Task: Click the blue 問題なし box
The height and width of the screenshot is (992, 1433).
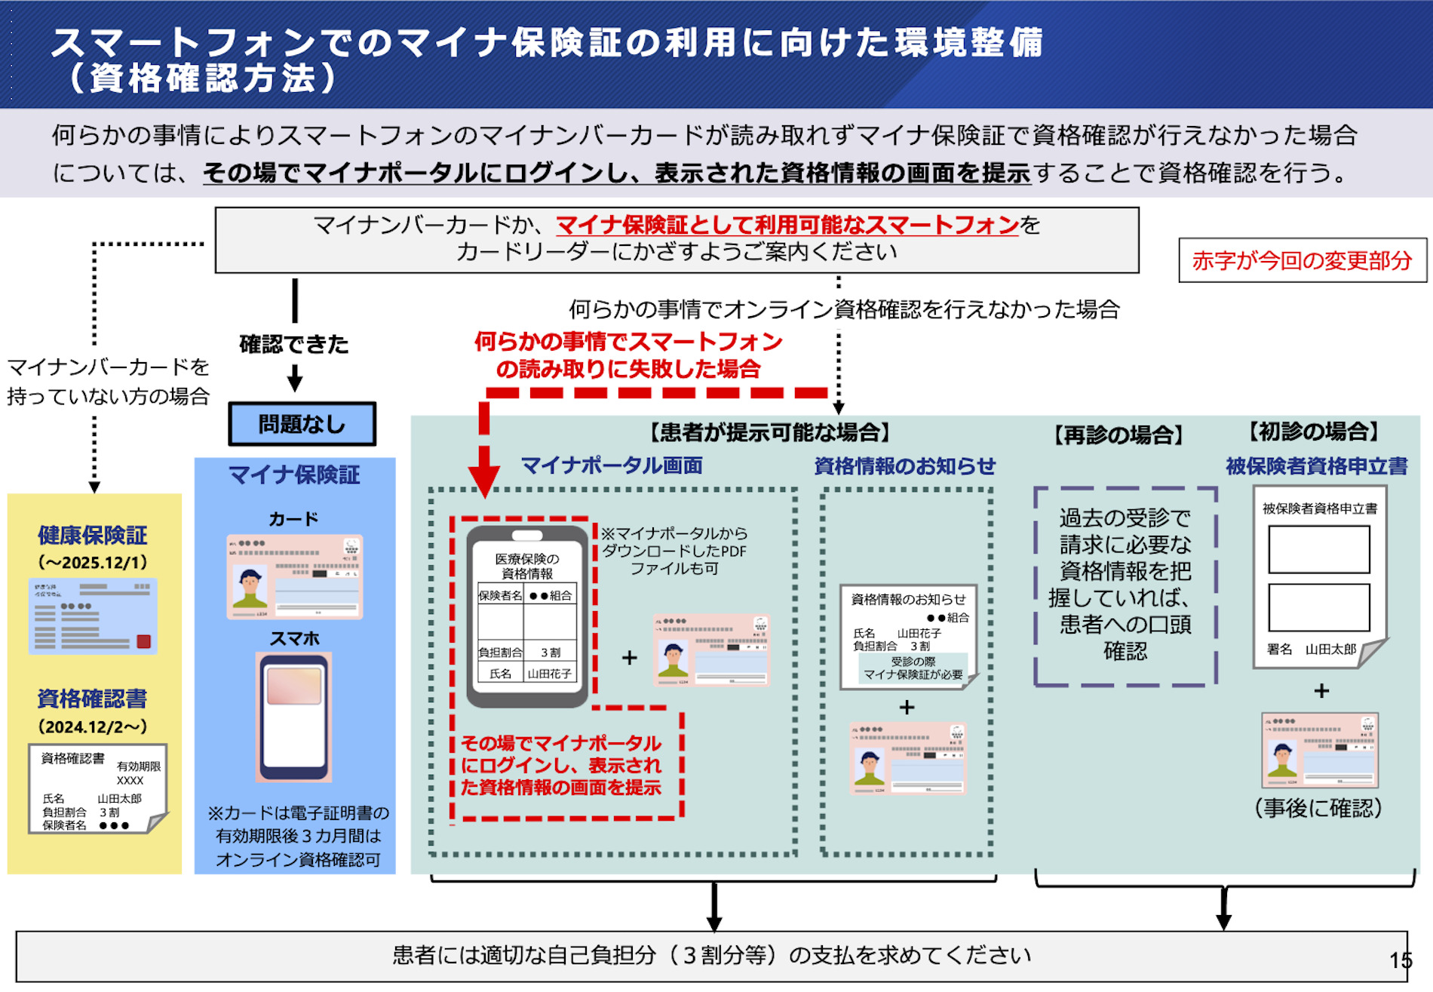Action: click(x=302, y=424)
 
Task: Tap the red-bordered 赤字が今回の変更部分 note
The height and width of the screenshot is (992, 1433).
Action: click(x=1302, y=260)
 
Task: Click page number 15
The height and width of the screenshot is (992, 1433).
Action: click(x=1401, y=960)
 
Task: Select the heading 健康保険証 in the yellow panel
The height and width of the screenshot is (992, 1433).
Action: click(x=92, y=535)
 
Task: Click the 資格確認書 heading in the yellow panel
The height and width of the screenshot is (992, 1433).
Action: click(x=92, y=699)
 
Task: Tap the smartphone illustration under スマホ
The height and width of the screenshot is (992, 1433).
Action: click(x=294, y=717)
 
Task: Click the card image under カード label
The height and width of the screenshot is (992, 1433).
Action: click(x=294, y=577)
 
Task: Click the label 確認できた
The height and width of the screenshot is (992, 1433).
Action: click(x=294, y=345)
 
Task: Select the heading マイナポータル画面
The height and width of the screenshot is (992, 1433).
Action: click(x=612, y=465)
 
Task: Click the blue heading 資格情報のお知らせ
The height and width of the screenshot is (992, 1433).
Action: click(x=904, y=466)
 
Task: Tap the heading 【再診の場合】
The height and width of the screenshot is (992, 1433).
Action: click(x=1118, y=435)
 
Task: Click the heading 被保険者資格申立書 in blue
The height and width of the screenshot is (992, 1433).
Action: click(x=1316, y=466)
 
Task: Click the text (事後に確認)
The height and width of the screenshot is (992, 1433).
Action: click(x=1318, y=808)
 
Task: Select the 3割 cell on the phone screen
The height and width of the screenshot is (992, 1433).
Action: click(x=551, y=653)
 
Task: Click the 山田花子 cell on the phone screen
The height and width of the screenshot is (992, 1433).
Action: click(x=549, y=674)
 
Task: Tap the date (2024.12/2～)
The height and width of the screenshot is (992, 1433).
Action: click(x=92, y=727)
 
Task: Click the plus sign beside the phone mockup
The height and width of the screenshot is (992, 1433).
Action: click(x=629, y=658)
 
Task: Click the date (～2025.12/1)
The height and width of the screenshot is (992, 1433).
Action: click(x=92, y=563)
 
